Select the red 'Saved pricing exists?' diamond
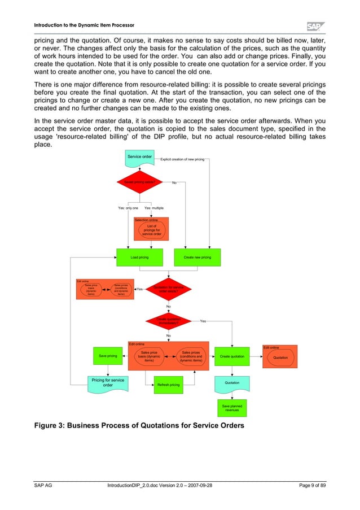(x=139, y=182)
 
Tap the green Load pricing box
(x=139, y=257)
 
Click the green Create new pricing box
(x=197, y=257)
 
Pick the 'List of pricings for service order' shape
(x=151, y=230)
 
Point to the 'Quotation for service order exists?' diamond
(x=168, y=289)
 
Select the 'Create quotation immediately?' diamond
(x=168, y=321)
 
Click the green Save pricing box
(x=108, y=356)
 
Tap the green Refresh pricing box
(x=168, y=385)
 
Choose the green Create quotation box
(x=232, y=356)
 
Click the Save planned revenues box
(x=232, y=407)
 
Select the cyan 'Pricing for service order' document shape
(x=108, y=383)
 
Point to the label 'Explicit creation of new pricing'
(x=182, y=160)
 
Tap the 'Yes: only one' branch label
(x=128, y=208)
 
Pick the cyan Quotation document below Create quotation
(x=232, y=383)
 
